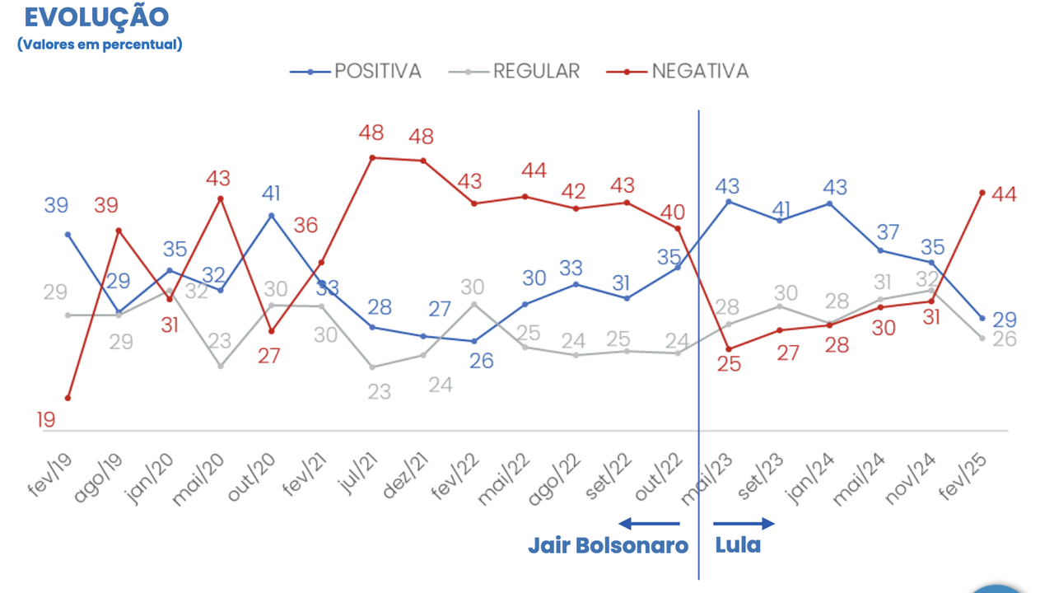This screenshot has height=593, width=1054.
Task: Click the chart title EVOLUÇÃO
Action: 97,16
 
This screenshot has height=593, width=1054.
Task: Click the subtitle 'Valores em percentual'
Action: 100,44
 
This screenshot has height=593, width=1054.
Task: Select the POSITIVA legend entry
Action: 357,72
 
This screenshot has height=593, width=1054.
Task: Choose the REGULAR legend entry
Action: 515,72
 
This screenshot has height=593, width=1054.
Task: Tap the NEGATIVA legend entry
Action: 678,72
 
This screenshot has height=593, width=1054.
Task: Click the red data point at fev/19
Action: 68,398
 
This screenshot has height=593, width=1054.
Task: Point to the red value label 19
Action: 46,420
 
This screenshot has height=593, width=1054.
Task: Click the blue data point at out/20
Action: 271,216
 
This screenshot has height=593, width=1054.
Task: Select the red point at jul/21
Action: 372,157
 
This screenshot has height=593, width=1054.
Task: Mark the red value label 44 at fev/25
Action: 1004,195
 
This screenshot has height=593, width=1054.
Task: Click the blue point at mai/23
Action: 729,201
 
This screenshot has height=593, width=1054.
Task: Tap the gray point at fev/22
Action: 474,304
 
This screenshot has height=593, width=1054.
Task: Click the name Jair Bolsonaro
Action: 608,546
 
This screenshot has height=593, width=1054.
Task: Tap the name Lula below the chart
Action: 738,546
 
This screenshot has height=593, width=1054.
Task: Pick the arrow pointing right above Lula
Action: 744,523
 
